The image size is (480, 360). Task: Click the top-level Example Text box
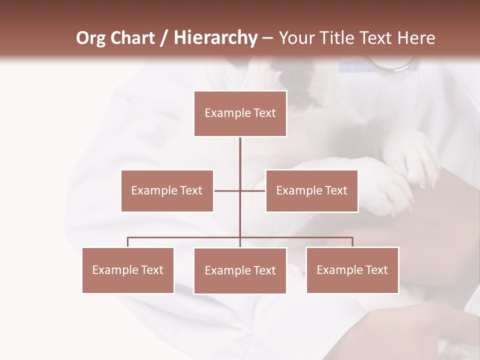(240, 113)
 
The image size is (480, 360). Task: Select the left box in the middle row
(167, 190)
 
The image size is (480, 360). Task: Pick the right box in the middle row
(311, 190)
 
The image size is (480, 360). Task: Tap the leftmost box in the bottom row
(128, 270)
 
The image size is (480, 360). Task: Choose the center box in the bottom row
(240, 270)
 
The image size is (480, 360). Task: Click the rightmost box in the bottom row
(352, 270)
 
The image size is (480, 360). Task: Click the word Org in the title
(90, 38)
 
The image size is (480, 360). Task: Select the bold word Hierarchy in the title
(215, 38)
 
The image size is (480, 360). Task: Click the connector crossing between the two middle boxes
(240, 190)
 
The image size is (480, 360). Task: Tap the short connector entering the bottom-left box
(128, 242)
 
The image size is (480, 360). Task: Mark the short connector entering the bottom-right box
(352, 242)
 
